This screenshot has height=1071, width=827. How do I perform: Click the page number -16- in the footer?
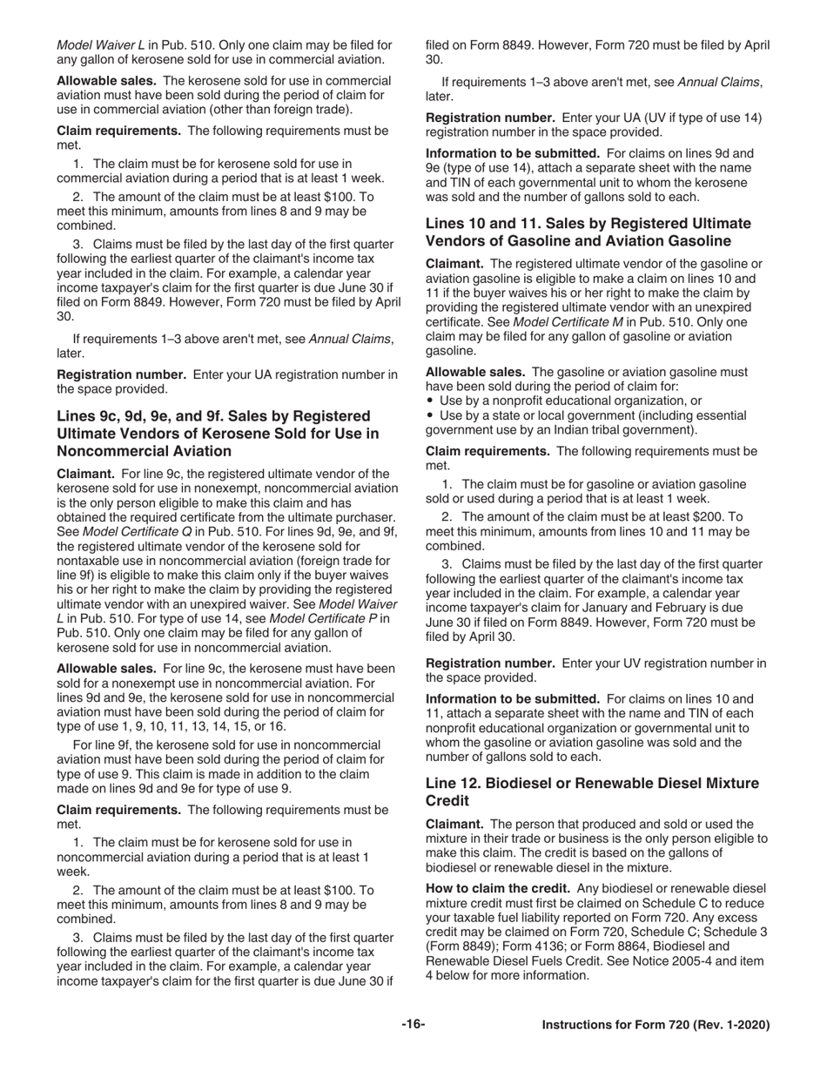pyautogui.click(x=413, y=1025)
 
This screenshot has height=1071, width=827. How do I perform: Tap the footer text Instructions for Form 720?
pyautogui.click(x=656, y=1026)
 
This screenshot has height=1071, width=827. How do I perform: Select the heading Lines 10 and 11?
pyautogui.click(x=588, y=232)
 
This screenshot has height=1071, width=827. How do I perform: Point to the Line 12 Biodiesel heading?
pyautogui.click(x=592, y=791)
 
